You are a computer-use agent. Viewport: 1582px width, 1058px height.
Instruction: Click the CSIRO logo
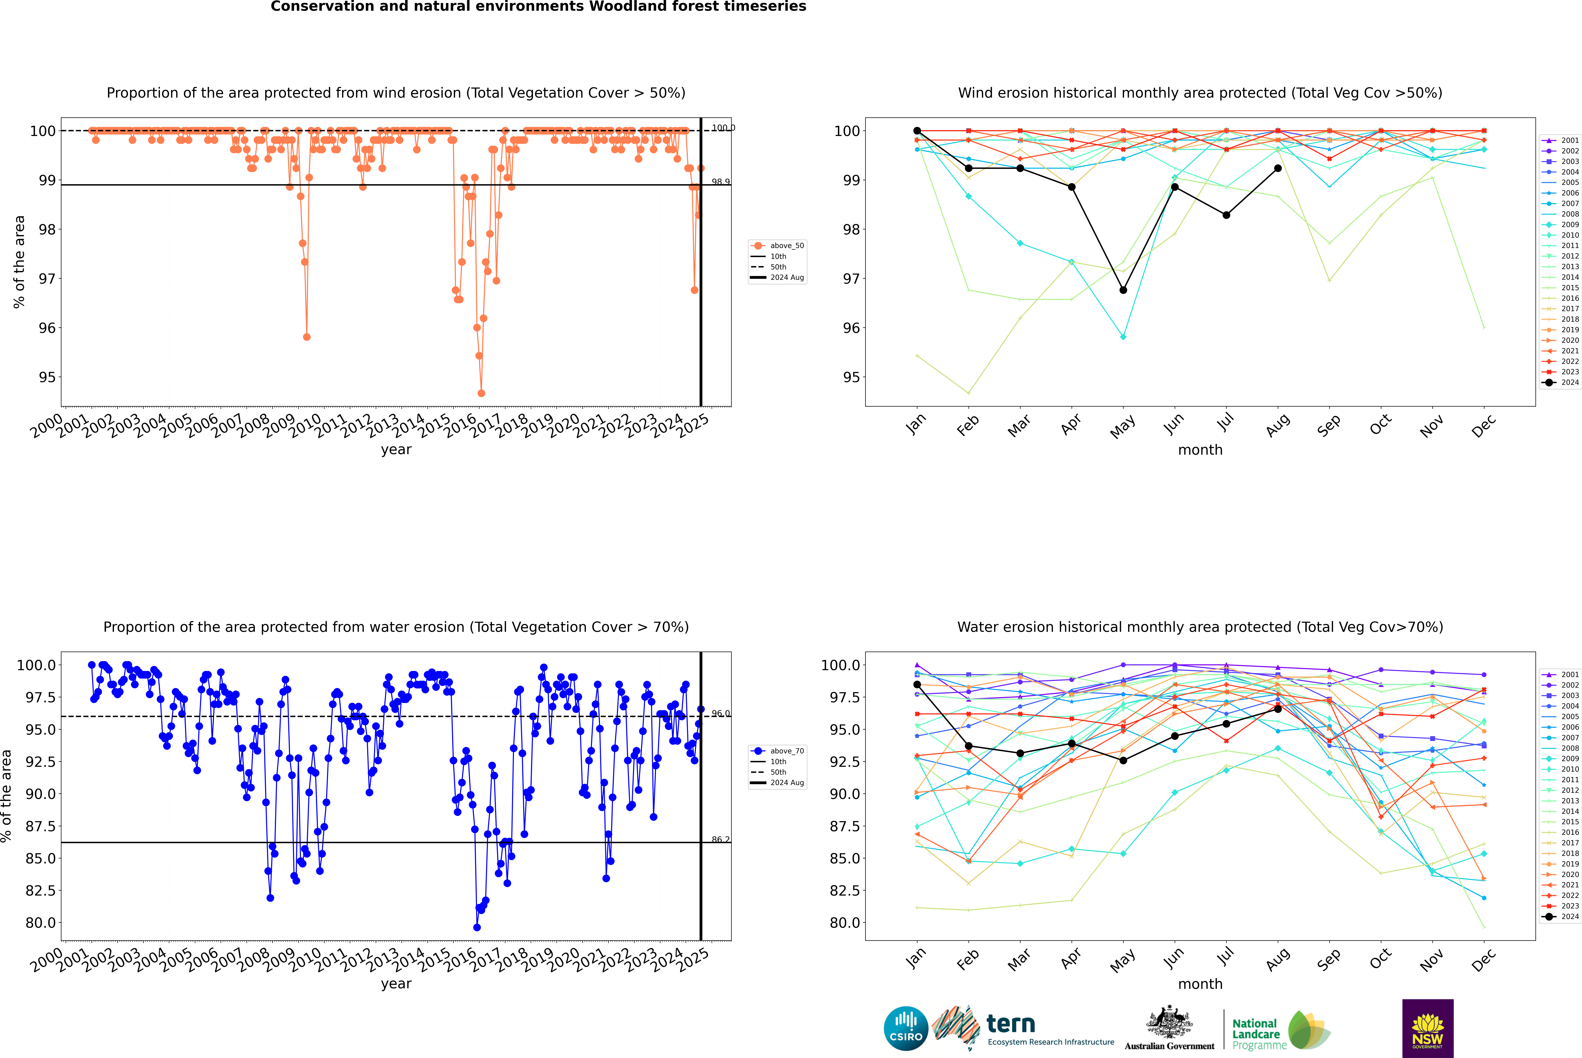coord(906,1028)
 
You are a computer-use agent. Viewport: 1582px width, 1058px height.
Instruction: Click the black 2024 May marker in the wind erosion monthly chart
coord(1123,290)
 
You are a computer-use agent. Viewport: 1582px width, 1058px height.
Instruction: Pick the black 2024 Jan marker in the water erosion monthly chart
coord(917,684)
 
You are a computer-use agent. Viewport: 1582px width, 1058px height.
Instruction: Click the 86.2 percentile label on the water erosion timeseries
coord(720,839)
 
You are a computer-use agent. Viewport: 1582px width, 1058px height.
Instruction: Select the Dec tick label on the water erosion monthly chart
coord(1484,960)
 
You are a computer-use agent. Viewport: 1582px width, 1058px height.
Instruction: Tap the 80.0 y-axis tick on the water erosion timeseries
coord(40,922)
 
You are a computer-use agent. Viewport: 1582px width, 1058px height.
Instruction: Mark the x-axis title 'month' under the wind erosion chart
coord(1200,450)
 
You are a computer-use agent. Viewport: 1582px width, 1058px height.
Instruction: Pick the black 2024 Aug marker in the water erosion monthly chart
coord(1278,709)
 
